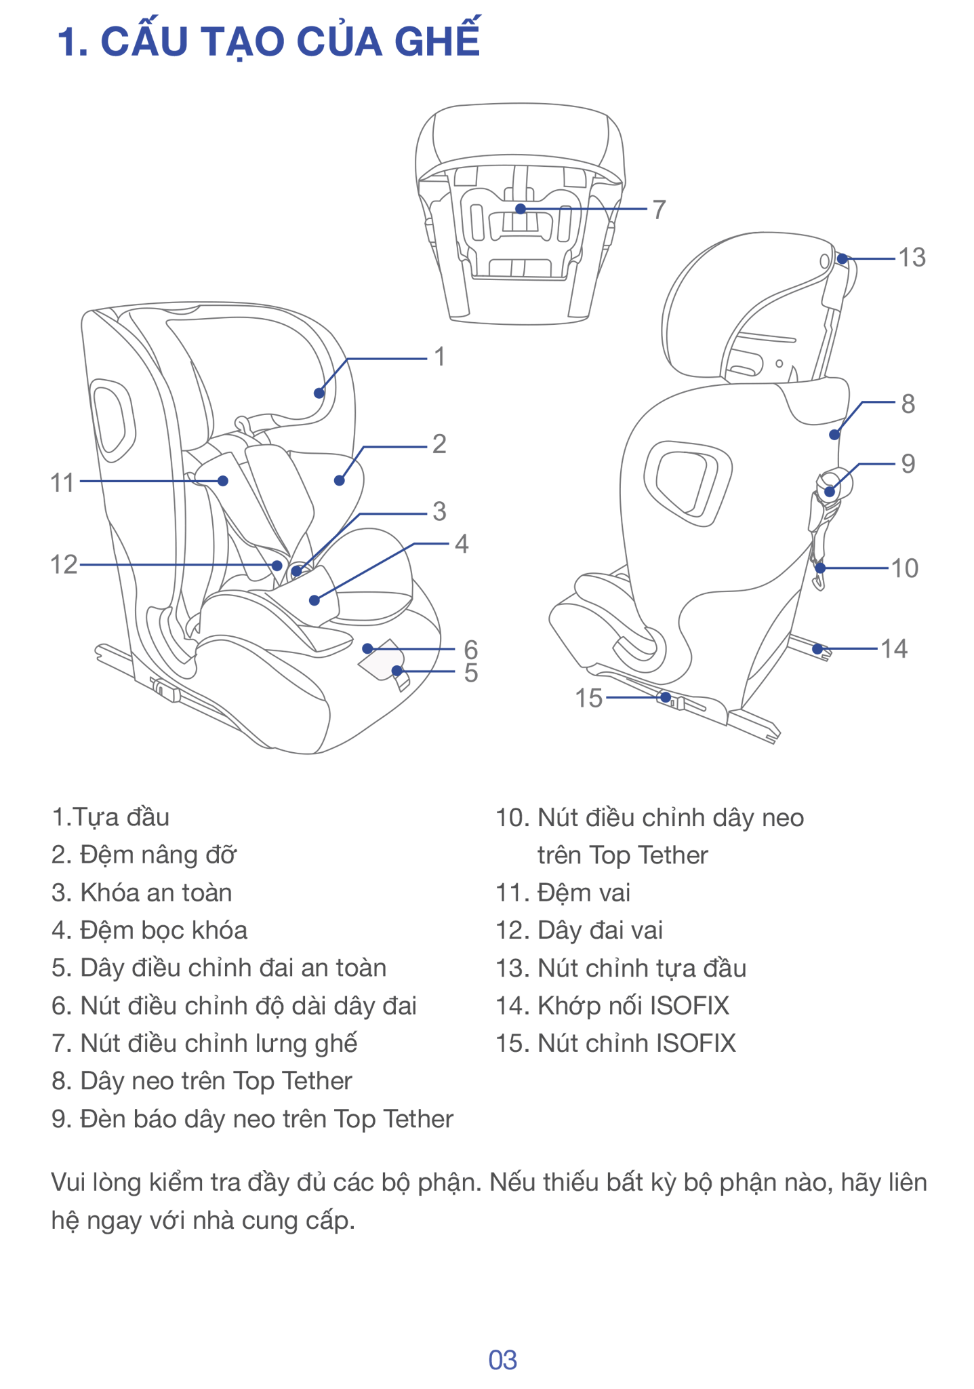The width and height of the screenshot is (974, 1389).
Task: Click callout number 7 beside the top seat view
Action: coord(659,210)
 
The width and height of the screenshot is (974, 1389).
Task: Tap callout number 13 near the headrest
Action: coord(912,258)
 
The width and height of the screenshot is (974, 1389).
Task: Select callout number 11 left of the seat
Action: coord(62,483)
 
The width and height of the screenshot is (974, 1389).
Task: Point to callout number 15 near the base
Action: coord(588,698)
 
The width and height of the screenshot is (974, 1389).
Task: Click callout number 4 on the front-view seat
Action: coord(461,544)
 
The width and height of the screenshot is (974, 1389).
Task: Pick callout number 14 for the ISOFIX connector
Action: coord(894,649)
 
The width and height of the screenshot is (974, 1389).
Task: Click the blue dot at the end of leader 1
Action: coord(318,392)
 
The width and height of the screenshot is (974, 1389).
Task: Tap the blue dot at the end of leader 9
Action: coord(830,493)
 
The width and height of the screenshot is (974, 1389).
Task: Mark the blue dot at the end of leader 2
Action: coord(339,480)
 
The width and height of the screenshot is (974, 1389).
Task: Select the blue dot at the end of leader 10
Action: coord(821,568)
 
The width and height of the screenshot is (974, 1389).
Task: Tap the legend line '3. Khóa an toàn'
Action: coord(142,893)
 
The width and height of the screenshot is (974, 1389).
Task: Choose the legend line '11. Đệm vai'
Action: coord(563,893)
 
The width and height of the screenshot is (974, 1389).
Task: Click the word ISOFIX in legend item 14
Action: coord(690,1006)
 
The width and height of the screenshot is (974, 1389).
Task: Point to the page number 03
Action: coord(502,1361)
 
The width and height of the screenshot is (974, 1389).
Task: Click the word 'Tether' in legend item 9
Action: coord(418,1119)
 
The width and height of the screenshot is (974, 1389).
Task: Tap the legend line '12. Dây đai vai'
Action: coord(580,931)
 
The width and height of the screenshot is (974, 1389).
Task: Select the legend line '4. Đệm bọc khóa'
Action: coord(150,931)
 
